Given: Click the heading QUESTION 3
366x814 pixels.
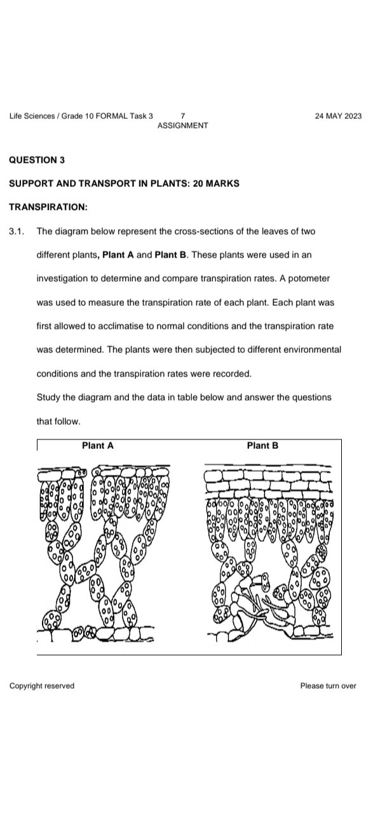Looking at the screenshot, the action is point(37,160).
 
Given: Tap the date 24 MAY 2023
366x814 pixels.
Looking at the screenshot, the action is point(338,116).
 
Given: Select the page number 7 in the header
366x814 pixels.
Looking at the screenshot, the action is point(183,116).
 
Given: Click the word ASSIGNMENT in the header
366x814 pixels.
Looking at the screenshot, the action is point(182,125).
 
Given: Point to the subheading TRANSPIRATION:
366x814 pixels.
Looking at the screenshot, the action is point(48,207).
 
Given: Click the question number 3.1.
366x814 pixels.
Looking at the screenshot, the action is point(17,231).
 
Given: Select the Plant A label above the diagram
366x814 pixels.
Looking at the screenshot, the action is point(98,446).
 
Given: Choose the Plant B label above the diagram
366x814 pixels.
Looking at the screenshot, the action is point(262,446).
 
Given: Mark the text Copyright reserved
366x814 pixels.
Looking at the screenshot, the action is point(41,686).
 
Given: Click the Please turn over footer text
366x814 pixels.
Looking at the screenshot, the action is point(329,686).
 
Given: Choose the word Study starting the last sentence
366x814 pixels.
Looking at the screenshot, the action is point(48,397).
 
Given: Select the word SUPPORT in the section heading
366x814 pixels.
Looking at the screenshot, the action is point(29,184).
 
